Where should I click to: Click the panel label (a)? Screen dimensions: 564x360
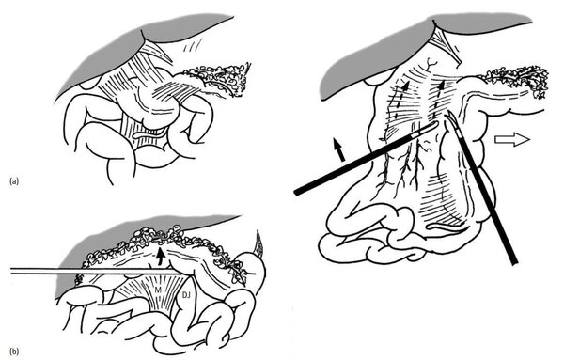(x=14, y=181)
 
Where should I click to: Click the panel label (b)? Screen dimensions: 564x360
(x=14, y=352)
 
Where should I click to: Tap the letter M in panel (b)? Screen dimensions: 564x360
(x=158, y=290)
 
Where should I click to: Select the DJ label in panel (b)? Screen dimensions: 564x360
(x=186, y=295)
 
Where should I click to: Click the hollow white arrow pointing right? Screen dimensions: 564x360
(x=512, y=139)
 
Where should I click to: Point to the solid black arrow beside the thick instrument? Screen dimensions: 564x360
(x=339, y=150)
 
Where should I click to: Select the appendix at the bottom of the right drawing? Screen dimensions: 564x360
(x=447, y=227)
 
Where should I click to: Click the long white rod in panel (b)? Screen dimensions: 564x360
(x=95, y=271)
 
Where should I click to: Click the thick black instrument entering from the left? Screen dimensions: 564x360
(x=366, y=159)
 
